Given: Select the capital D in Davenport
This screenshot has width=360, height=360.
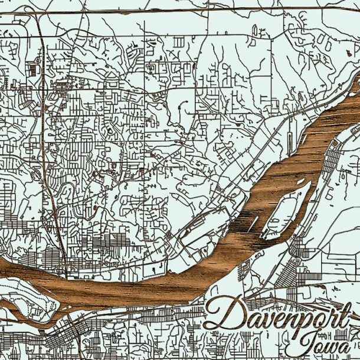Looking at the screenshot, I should (224, 313).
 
